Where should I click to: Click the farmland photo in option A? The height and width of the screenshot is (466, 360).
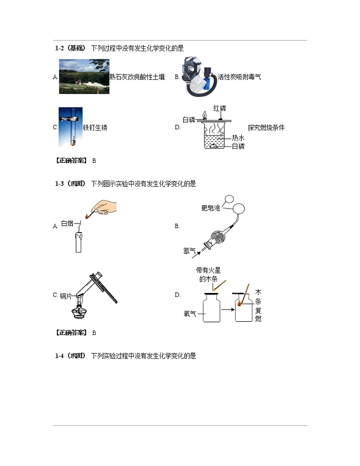point(84,77)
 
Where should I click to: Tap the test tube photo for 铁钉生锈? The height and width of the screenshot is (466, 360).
point(70,127)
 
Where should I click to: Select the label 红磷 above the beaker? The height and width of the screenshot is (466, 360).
point(219,108)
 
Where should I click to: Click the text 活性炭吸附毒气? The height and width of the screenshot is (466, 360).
point(239,77)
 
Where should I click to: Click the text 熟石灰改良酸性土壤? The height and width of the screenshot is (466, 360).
point(137,77)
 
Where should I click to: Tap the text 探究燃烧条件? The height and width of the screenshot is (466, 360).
point(266,127)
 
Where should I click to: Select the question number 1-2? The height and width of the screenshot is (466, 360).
point(60,48)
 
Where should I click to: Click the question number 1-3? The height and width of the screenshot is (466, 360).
point(60,184)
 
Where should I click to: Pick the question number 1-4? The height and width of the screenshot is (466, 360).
point(60,356)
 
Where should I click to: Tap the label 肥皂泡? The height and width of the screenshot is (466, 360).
point(210,208)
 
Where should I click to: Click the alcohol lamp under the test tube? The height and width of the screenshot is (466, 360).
point(80,312)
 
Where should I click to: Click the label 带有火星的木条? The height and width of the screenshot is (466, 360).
point(209,275)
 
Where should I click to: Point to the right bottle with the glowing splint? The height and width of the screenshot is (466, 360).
point(243,309)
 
